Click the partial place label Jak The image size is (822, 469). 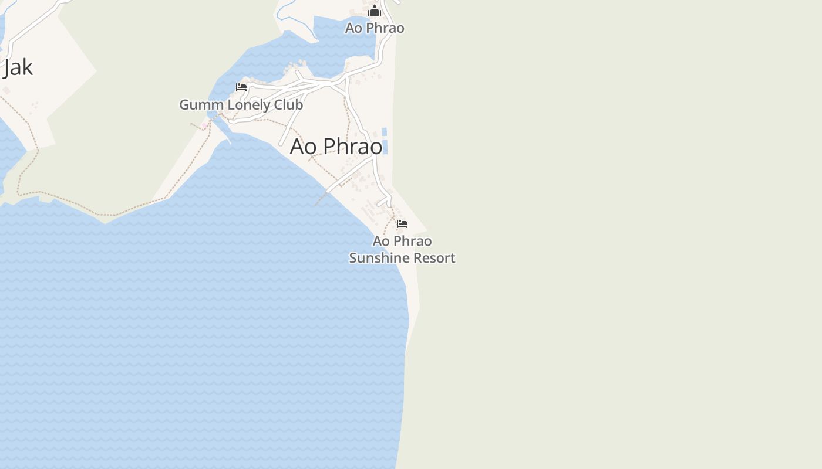click(18, 67)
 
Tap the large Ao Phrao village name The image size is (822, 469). click(336, 146)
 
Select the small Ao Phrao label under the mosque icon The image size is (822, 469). click(375, 28)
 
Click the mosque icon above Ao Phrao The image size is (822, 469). click(375, 11)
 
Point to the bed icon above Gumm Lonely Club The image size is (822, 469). click(241, 87)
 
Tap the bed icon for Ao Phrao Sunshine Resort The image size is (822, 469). click(402, 224)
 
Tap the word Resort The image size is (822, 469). click(434, 258)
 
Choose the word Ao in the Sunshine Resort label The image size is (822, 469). click(380, 241)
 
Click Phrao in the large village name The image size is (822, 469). click(353, 146)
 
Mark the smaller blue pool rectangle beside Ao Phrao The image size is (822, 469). click(385, 131)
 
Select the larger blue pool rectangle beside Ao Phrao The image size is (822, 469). click(385, 147)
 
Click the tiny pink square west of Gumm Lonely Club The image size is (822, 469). click(204, 125)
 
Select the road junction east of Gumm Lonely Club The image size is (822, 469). click(328, 84)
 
